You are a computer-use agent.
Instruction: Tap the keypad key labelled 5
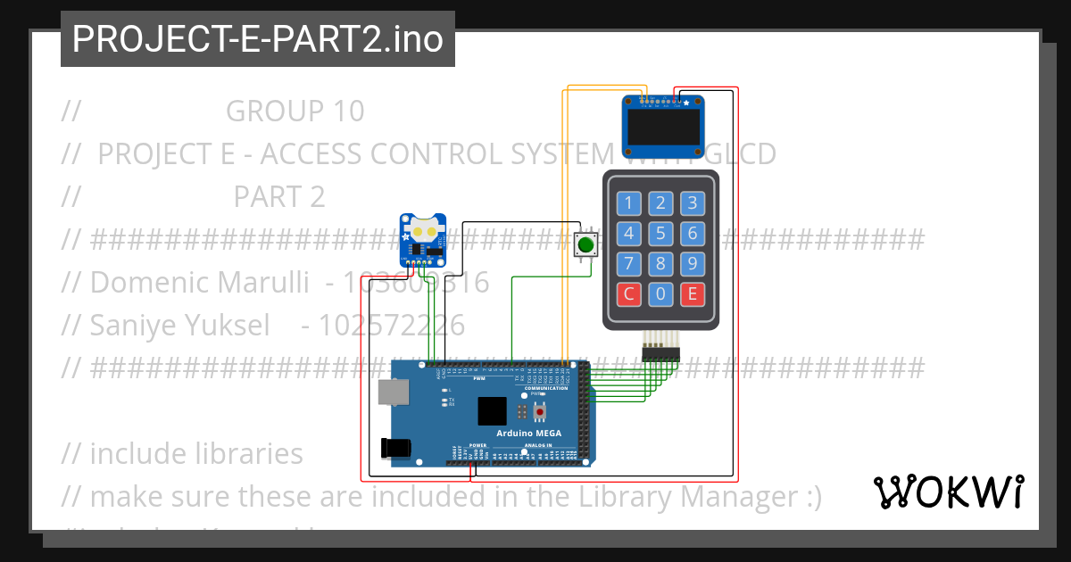point(660,234)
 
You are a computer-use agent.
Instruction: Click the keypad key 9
point(692,264)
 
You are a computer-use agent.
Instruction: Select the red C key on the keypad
point(629,293)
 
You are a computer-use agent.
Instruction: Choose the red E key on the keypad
point(692,293)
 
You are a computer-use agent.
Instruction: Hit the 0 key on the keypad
point(660,293)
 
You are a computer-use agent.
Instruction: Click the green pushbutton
point(585,244)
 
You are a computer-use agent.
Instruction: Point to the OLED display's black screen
point(663,129)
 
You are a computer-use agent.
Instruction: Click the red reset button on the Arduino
point(539,411)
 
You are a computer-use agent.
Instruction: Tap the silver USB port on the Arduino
point(390,393)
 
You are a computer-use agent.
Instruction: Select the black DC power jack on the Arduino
point(395,449)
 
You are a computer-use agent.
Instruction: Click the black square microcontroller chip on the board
point(492,410)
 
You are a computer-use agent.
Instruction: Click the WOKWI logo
point(948,492)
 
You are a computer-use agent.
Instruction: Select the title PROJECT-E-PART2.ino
point(258,39)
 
